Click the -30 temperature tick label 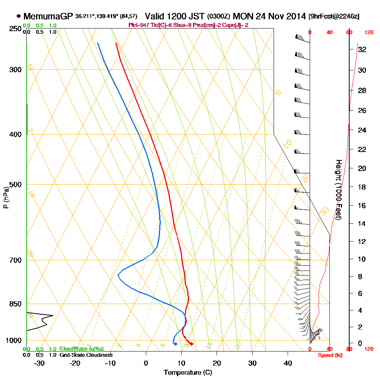[40, 363]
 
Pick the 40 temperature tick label [288, 363]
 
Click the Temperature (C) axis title [188, 373]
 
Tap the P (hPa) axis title [6, 198]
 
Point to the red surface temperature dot [192, 344]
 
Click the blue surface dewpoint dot [175, 344]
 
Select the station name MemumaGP [48, 16]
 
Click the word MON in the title [243, 16]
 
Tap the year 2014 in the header [294, 16]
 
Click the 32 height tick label [362, 49]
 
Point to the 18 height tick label [362, 187]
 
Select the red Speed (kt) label [329, 355]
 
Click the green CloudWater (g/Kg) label [81, 349]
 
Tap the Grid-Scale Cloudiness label [85, 355]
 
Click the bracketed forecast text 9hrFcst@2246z [334, 17]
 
